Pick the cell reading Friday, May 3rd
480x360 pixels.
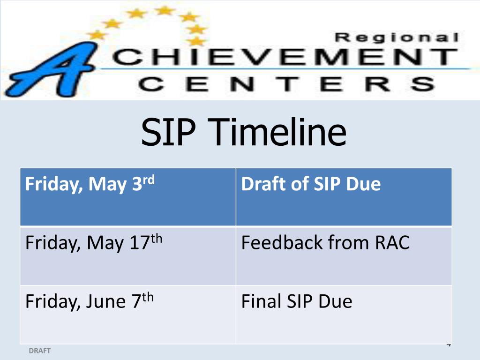pyautogui.click(x=127, y=197)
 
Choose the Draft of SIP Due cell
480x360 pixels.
pyautogui.click(x=344, y=197)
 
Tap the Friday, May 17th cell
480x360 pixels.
pyautogui.click(x=127, y=255)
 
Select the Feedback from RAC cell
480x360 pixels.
pyautogui.click(x=344, y=255)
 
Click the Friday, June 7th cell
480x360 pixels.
pyautogui.click(x=127, y=314)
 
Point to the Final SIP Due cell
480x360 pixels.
pyautogui.click(x=344, y=314)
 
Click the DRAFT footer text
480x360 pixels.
pyautogui.click(x=40, y=351)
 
